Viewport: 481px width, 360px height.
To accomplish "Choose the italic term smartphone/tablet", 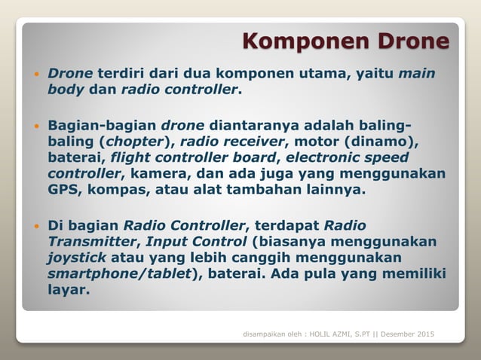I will [x=118, y=273].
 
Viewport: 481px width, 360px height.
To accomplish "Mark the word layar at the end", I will [x=68, y=289].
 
